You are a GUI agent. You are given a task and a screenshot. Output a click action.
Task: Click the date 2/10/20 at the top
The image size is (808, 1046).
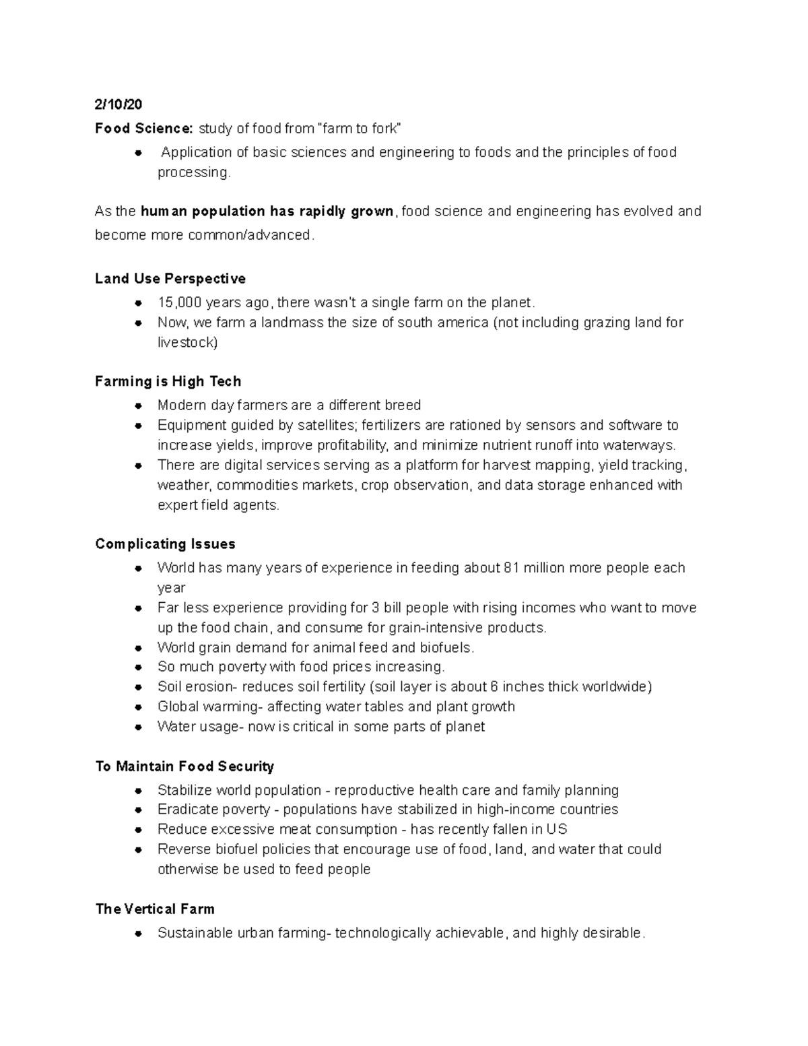point(119,104)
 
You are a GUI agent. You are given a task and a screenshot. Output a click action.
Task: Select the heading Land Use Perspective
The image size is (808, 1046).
point(170,279)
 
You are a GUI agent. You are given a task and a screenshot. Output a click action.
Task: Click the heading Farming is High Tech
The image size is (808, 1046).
point(168,381)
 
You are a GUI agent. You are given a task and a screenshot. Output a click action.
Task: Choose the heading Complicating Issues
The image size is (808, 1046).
point(165,544)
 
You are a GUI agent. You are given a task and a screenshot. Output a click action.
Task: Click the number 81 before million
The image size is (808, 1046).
point(511,568)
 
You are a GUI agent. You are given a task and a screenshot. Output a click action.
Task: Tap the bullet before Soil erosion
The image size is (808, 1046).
point(138,687)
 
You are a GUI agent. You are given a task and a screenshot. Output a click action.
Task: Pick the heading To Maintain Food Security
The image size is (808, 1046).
point(184,766)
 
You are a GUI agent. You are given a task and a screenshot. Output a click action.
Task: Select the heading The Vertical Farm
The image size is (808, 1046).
point(155,909)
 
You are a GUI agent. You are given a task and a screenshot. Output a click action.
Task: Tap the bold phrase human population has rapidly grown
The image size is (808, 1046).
point(267,211)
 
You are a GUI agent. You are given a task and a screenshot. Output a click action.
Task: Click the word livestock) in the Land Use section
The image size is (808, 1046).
point(187,342)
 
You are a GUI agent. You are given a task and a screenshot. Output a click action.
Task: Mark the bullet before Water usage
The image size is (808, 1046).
point(138,727)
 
